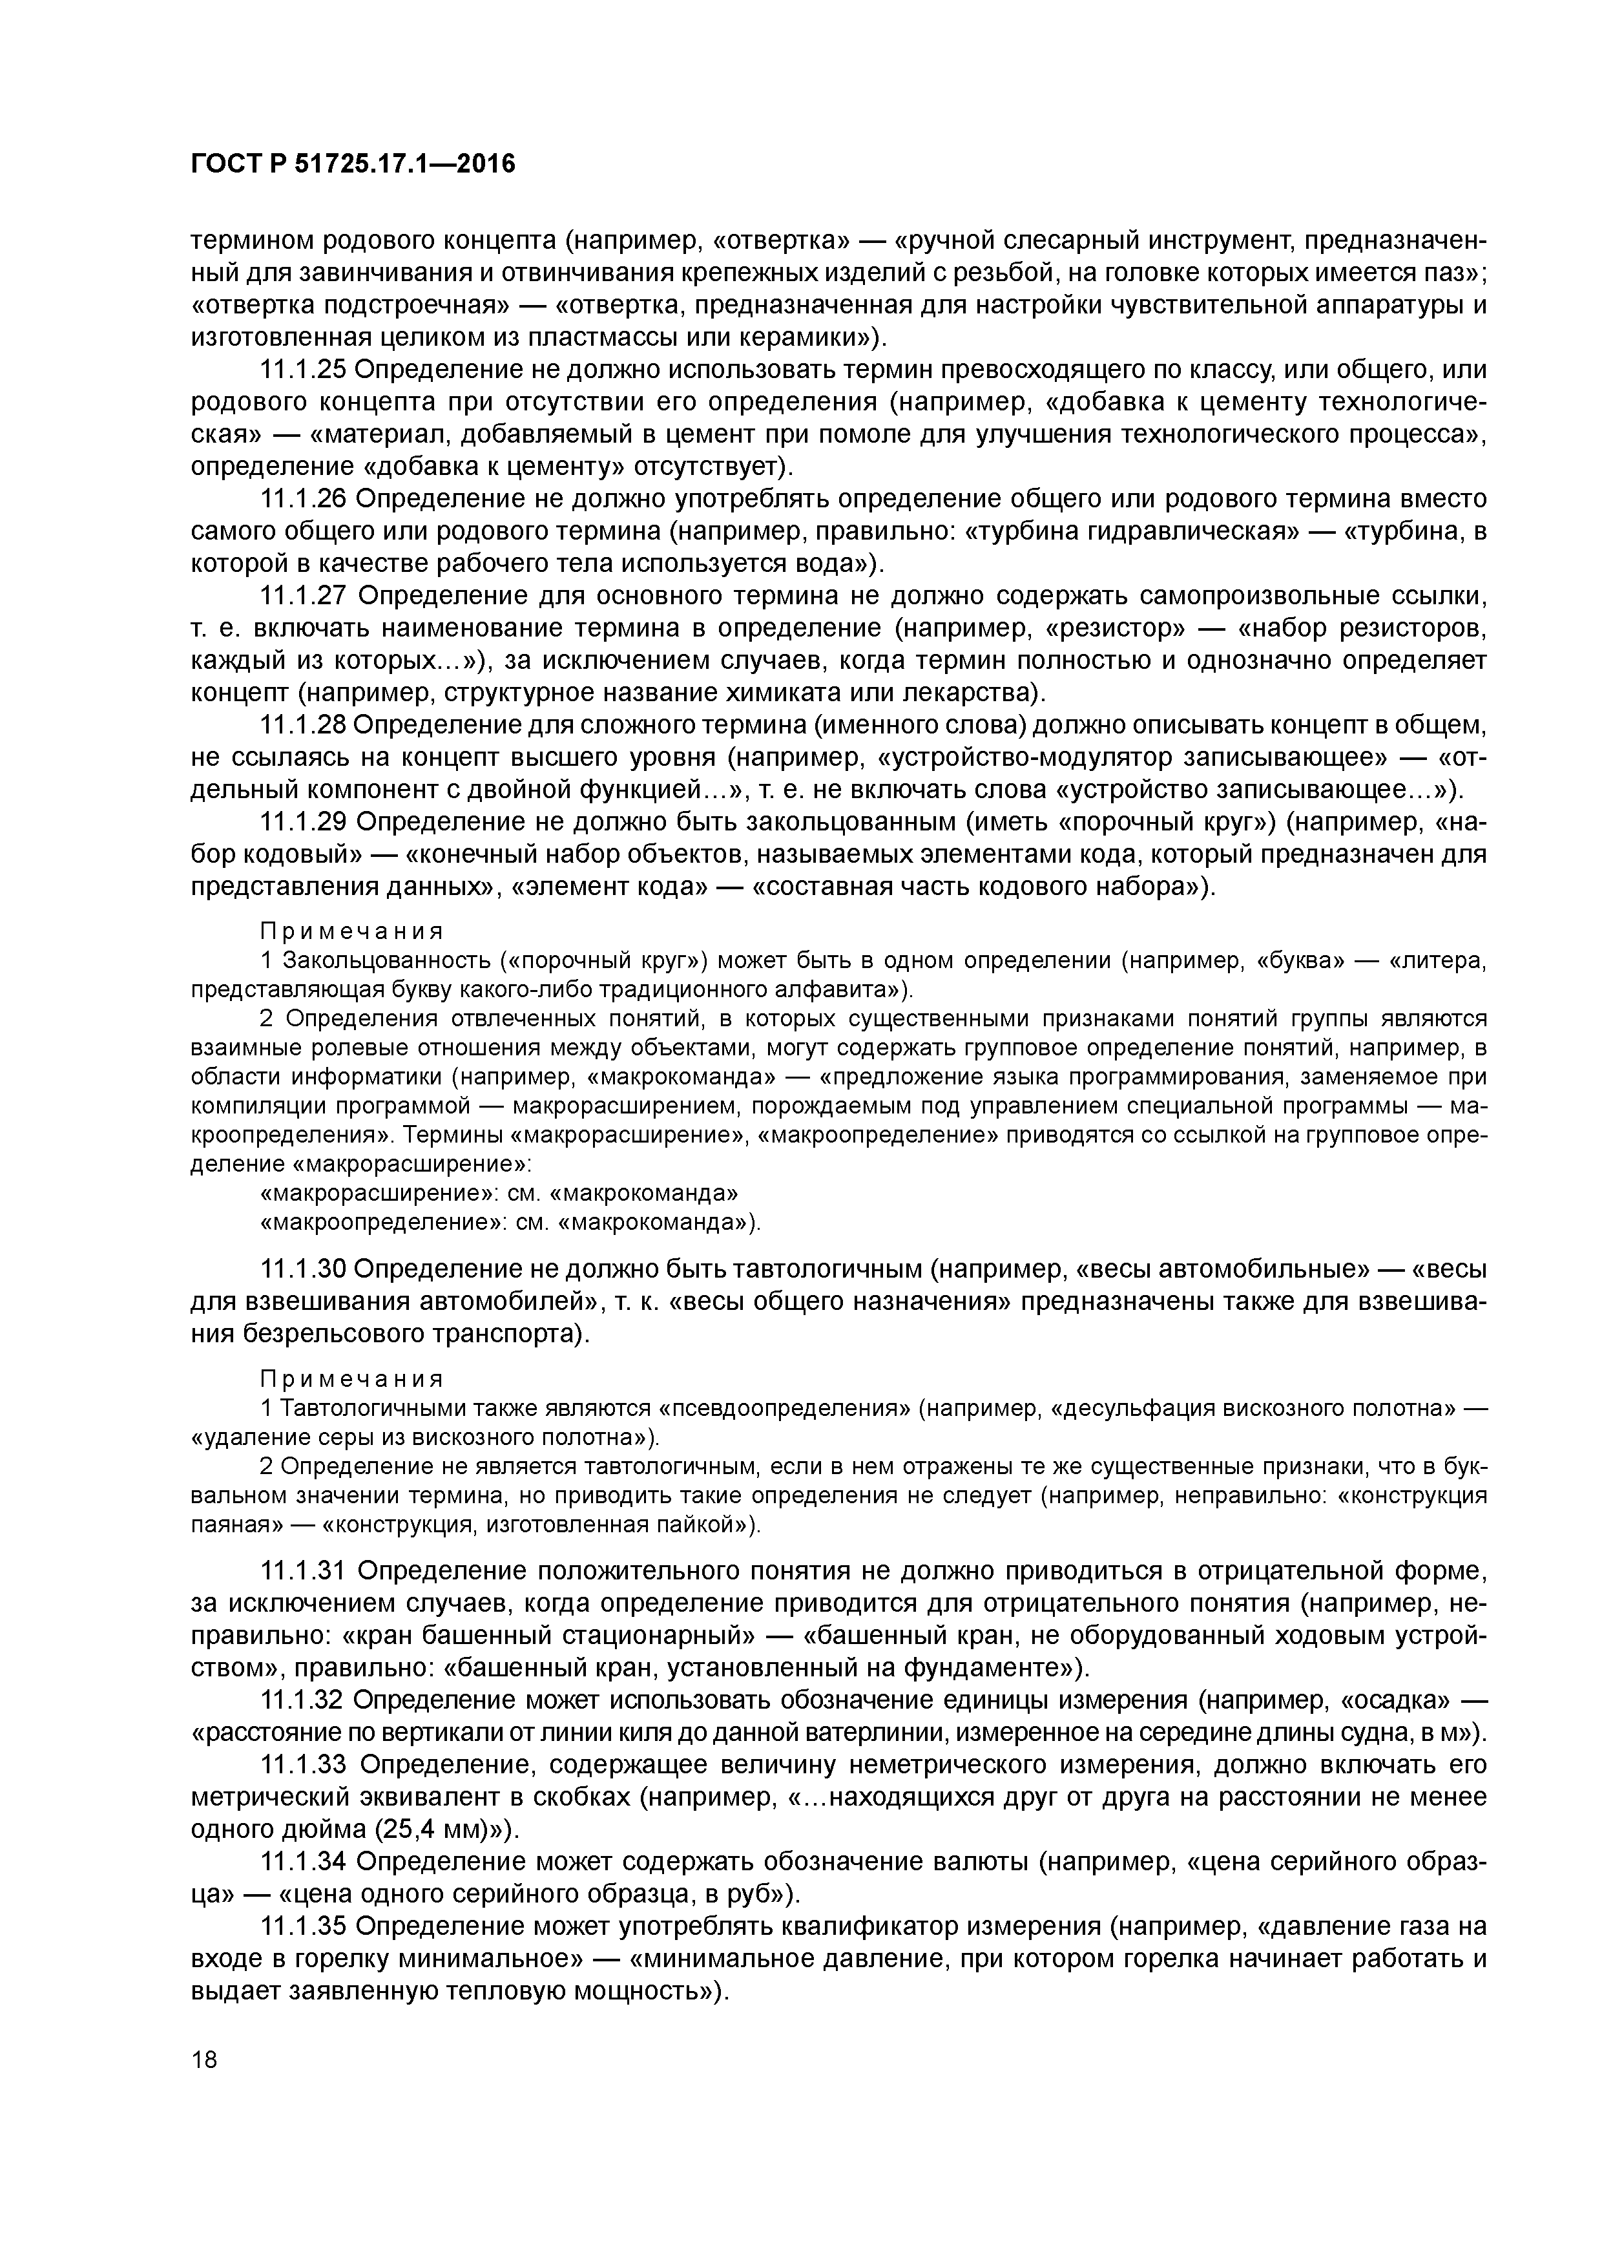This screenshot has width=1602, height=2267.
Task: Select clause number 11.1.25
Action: coord(301,370)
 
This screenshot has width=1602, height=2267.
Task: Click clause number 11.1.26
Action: coord(301,500)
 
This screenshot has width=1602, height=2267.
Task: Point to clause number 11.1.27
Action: coord(301,596)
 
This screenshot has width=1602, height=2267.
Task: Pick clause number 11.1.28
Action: coord(301,726)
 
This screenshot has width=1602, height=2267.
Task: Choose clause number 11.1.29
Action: coord(301,823)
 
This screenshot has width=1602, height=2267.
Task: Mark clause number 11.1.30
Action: coord(301,1269)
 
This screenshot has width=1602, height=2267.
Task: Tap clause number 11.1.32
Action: coord(301,1700)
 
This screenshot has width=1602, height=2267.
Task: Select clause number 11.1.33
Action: coord(301,1764)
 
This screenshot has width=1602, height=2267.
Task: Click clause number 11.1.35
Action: coord(301,1926)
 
